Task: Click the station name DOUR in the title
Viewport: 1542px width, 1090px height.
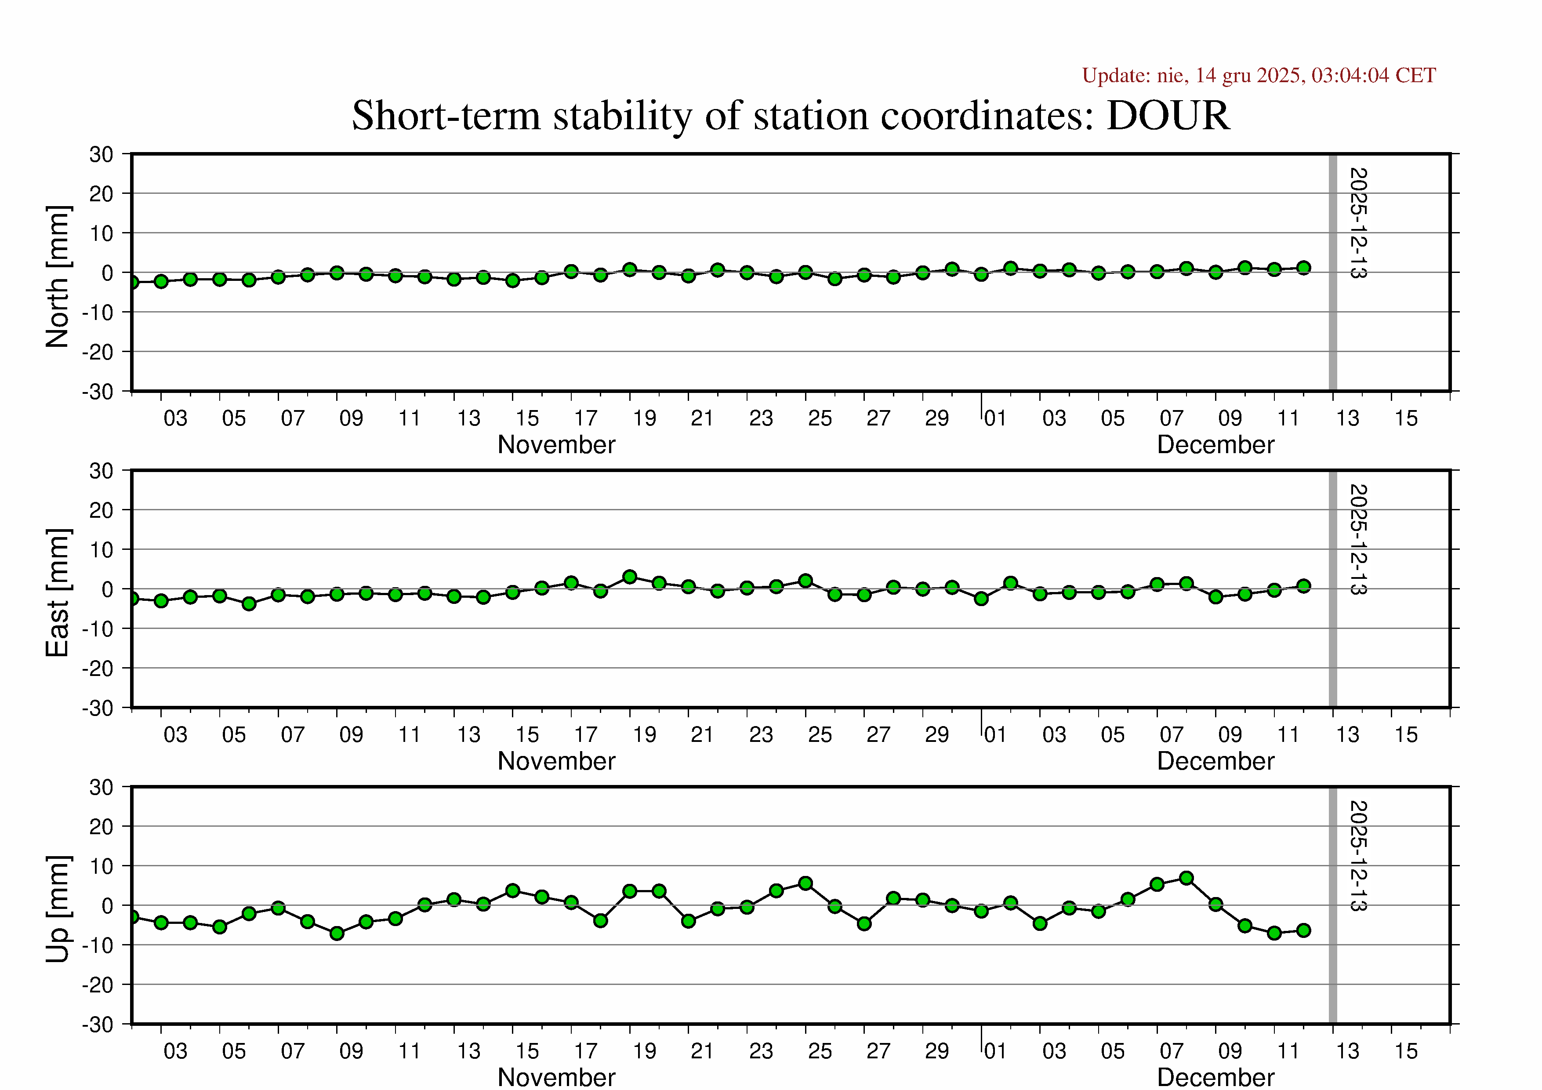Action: [1168, 116]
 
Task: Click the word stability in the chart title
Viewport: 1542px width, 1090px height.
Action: [622, 116]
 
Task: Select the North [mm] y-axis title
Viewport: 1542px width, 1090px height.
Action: [58, 277]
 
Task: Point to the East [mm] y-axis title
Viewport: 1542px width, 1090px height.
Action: [58, 592]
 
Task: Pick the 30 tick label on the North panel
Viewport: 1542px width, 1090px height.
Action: [102, 154]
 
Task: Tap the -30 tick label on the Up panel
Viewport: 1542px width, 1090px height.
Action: [98, 1025]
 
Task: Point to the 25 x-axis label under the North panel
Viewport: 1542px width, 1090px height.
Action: [820, 419]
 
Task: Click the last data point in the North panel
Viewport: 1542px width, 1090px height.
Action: [1303, 268]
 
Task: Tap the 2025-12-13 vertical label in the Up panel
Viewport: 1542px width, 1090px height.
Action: [1357, 856]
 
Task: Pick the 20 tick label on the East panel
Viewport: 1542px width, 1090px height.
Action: [102, 510]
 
